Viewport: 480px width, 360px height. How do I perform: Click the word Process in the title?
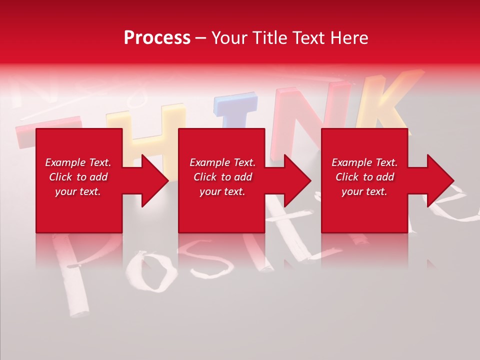157,38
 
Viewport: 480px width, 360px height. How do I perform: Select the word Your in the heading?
227,38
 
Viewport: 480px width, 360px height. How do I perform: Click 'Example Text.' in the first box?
78,162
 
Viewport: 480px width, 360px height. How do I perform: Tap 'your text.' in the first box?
78,191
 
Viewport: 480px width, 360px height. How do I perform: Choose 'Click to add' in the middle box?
222,177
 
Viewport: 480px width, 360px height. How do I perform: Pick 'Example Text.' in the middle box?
222,162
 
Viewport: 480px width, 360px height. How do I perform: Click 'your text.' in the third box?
364,191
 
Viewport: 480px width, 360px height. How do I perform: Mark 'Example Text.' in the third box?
364,162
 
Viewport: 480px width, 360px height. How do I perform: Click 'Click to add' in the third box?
364,177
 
